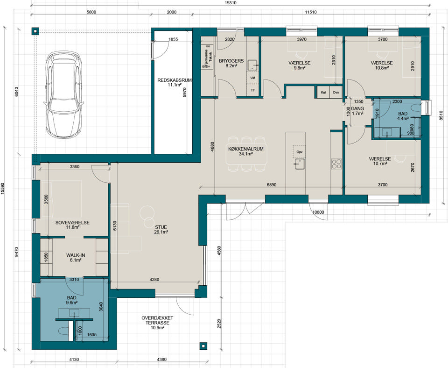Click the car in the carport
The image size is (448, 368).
(x=63, y=94)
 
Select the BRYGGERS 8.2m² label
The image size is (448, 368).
(x=231, y=63)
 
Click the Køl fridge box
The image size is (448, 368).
(x=323, y=93)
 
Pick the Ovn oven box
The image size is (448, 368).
(x=336, y=93)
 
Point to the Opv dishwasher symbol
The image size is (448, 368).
(x=299, y=152)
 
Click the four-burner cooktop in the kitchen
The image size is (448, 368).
(x=336, y=164)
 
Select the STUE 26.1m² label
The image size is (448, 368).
(x=161, y=230)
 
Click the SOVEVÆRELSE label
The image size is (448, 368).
(x=72, y=223)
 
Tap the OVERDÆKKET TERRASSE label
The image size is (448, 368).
(x=157, y=320)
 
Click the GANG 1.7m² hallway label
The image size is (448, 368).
(x=357, y=111)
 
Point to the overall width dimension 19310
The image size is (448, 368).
(x=231, y=3)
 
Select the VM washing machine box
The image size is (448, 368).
(x=252, y=78)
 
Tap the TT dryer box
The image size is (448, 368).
(x=252, y=90)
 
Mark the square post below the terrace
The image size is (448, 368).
(x=203, y=346)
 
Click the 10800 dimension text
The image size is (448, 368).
(x=318, y=212)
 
